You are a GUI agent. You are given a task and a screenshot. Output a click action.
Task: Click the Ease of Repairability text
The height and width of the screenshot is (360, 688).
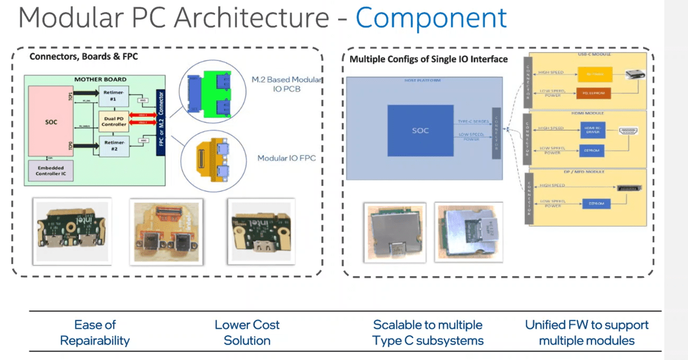[x=95, y=332]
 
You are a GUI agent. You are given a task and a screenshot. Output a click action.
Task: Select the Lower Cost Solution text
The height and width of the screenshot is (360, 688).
[x=247, y=332]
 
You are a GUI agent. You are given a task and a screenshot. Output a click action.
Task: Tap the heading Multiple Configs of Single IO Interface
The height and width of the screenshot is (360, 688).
[x=428, y=59]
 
